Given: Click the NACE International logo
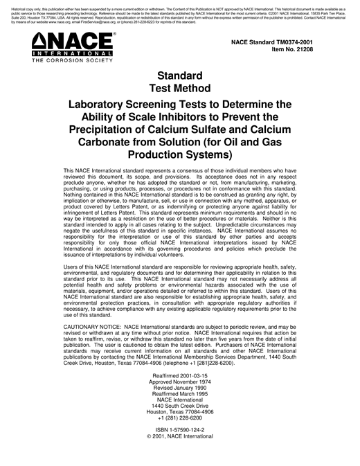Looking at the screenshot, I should tap(71, 48).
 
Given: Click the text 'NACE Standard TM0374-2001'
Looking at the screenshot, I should tap(286, 43).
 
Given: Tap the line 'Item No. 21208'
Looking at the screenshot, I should tap(305, 51).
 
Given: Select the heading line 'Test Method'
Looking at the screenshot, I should tap(179, 88).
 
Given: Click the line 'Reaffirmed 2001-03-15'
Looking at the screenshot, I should tap(179, 376).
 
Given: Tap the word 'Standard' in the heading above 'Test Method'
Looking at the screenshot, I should tap(179, 75).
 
